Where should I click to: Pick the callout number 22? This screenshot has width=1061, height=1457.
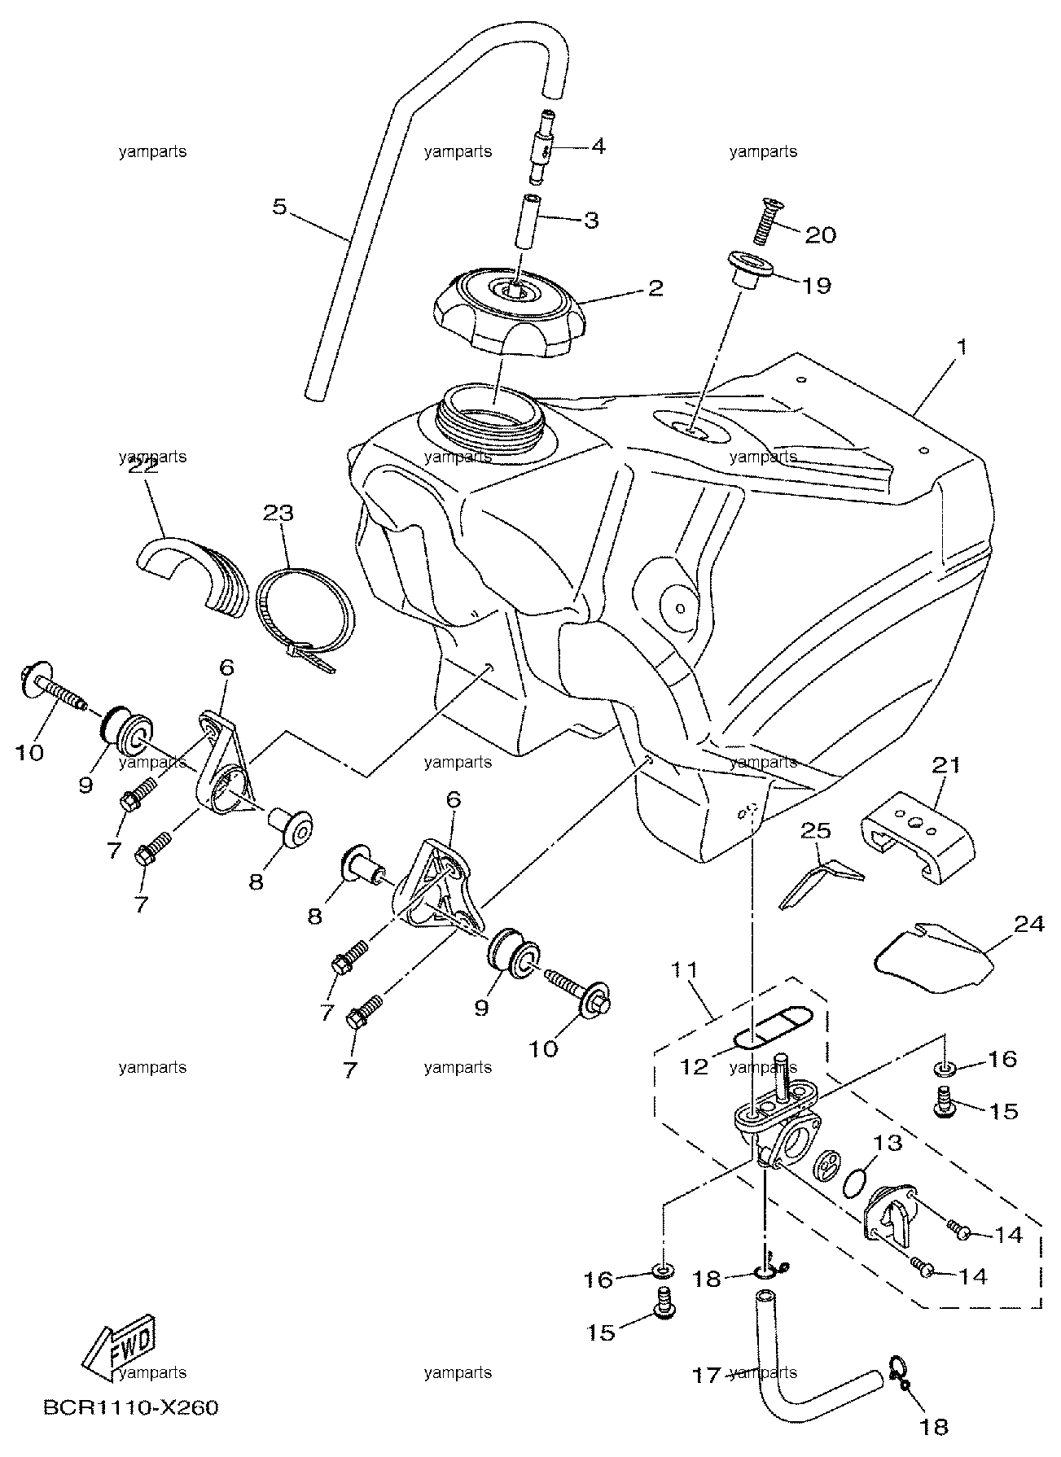(144, 467)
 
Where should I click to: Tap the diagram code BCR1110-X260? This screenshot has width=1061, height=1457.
(126, 1409)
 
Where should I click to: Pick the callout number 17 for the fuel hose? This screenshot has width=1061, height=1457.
(707, 1375)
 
